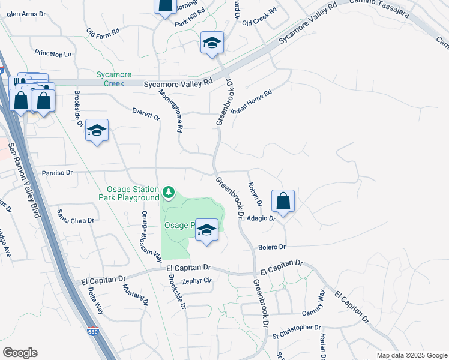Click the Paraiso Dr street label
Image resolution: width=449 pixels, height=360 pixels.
click(57, 172)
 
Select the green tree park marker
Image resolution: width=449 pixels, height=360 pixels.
click(169, 192)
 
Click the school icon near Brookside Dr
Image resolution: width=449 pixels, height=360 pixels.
click(97, 131)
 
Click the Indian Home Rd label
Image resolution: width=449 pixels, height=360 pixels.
click(252, 103)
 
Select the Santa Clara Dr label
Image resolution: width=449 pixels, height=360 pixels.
click(76, 217)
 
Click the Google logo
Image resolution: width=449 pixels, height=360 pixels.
click(20, 353)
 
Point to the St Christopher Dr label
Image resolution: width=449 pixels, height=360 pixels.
click(297, 328)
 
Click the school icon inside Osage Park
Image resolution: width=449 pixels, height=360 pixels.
click(206, 230)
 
